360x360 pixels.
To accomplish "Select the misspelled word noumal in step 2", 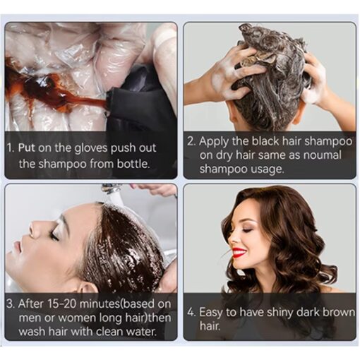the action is [x=322, y=155].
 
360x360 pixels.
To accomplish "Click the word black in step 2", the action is [x=265, y=141].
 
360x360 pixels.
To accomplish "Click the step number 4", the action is [x=191, y=312].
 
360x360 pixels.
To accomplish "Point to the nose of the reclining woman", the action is [x=33, y=227].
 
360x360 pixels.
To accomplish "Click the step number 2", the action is [x=191, y=141].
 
